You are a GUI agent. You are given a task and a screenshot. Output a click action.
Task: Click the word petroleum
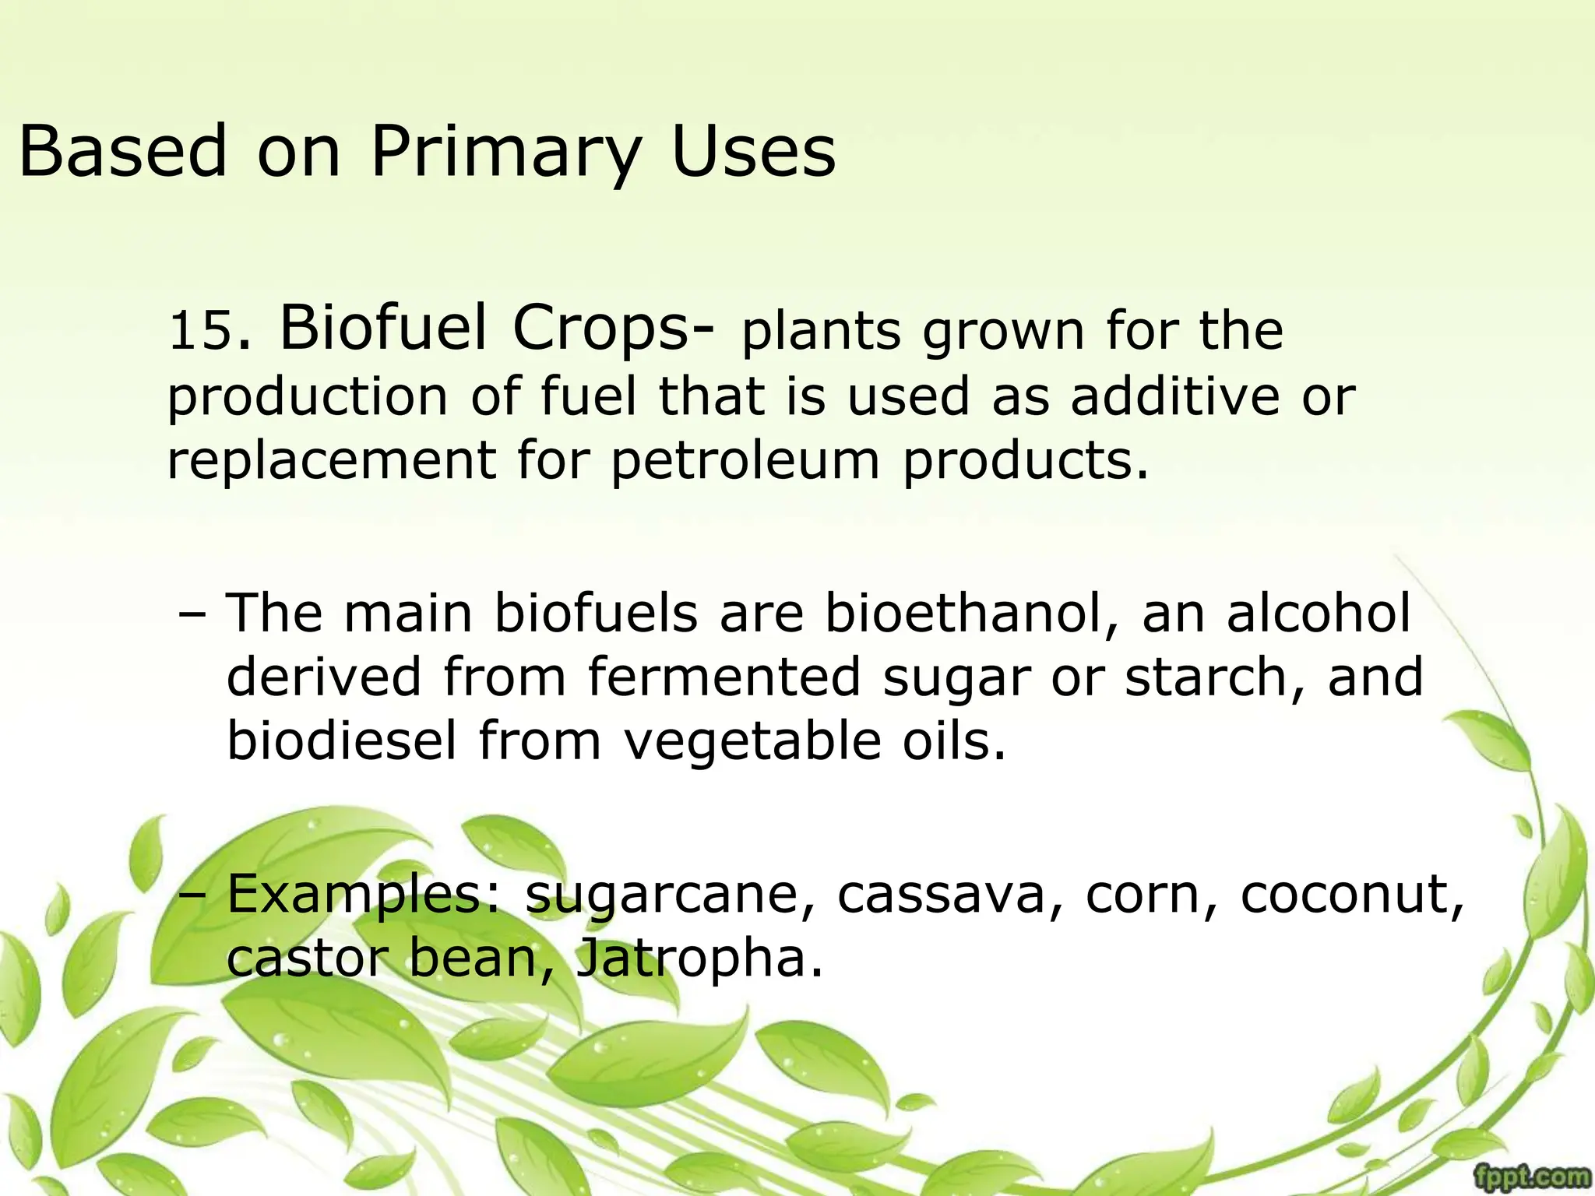click(x=745, y=461)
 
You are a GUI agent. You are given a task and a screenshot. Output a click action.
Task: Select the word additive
click(x=1174, y=396)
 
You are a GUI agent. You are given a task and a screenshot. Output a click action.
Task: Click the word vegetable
click(x=752, y=741)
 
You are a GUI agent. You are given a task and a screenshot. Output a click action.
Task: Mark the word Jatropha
click(x=698, y=959)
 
